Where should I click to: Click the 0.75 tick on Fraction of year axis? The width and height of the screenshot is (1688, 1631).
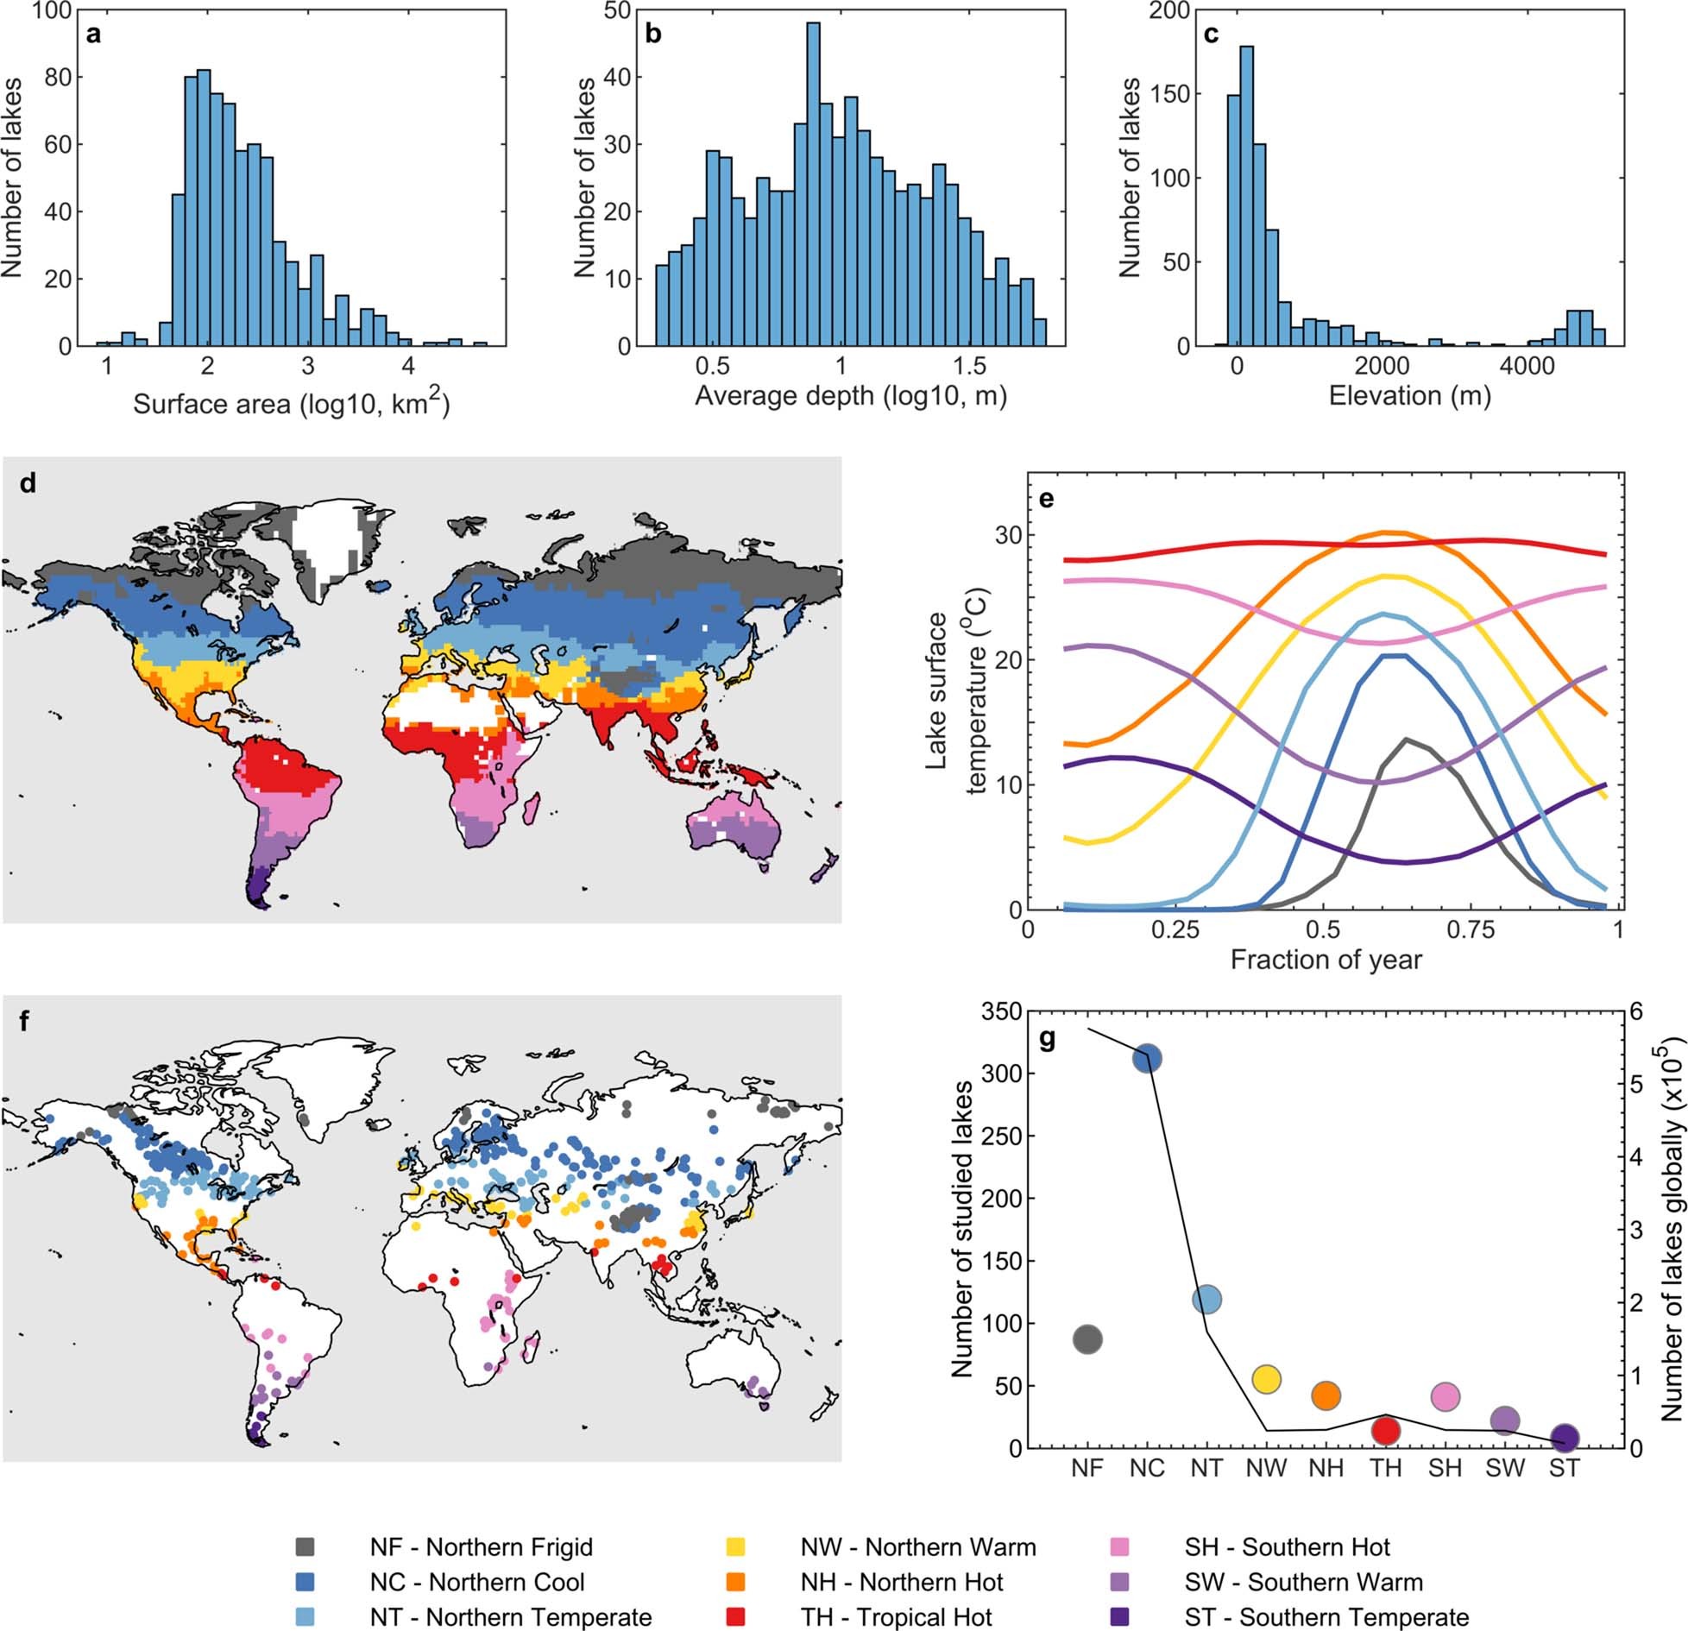pos(1470,930)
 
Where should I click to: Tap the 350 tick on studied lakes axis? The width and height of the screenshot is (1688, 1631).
pos(1001,1011)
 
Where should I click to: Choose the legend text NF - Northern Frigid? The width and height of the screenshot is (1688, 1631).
pos(482,1546)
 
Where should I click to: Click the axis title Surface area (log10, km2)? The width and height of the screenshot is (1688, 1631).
pos(291,403)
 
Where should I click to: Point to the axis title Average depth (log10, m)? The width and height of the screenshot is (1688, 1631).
pos(850,395)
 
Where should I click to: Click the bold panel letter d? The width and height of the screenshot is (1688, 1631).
pos(28,483)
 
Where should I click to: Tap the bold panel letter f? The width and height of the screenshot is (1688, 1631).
pos(24,1021)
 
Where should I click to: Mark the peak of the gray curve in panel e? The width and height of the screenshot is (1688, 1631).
pos(1407,740)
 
